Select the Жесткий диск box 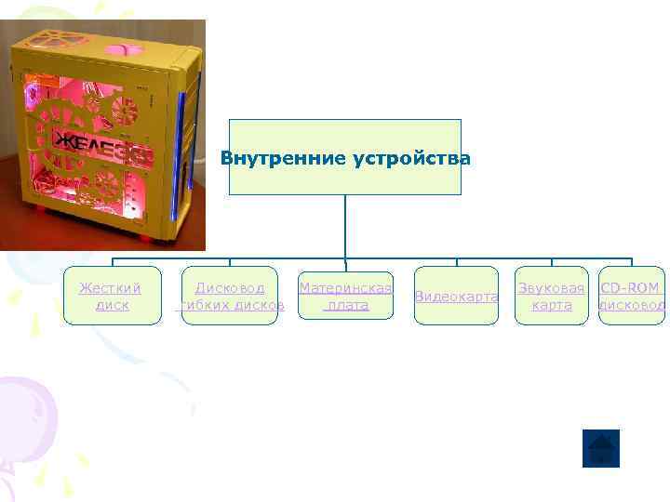112,296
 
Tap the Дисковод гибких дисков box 229,296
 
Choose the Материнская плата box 345,296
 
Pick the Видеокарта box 456,296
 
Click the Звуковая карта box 552,296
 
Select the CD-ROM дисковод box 631,296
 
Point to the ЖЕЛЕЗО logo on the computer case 102,142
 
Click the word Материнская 345,288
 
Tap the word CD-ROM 630,288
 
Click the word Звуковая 552,288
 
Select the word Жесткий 111,288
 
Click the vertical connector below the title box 344,228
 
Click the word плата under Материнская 347,305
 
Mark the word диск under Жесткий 112,305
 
